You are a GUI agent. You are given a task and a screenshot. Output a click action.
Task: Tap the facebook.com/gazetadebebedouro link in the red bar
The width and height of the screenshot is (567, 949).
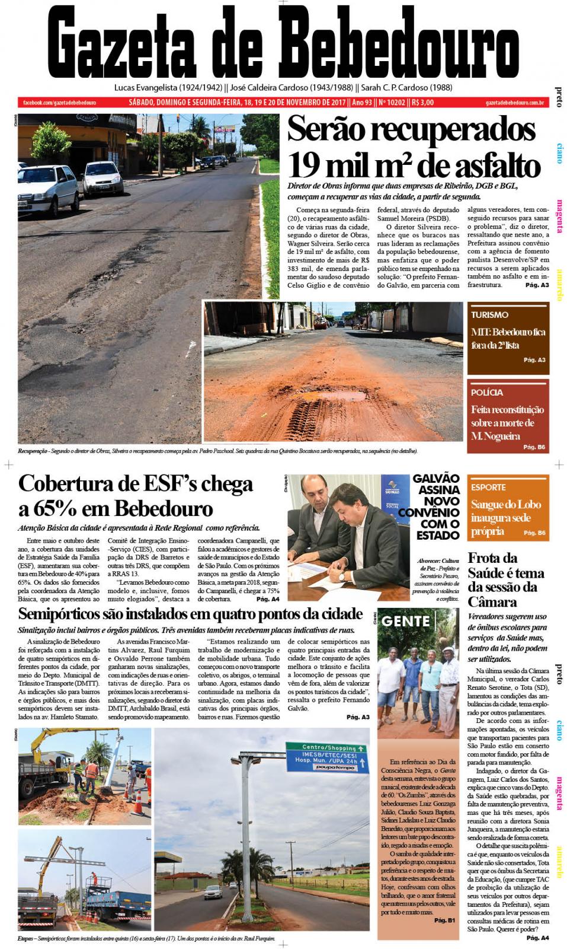coord(59,103)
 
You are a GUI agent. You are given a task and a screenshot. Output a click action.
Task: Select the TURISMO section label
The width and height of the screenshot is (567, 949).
coord(489,315)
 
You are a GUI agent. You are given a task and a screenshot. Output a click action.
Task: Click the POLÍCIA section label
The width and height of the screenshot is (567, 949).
coord(487,392)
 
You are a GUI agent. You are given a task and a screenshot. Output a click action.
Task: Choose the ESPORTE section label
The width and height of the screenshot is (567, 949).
coord(488,487)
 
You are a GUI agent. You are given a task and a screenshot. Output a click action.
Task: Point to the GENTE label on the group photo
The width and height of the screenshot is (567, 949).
coord(406,621)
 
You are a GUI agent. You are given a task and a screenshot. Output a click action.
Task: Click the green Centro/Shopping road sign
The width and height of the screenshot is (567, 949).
coord(325,747)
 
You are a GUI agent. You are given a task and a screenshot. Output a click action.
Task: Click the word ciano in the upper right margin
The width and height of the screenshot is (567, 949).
coord(558,152)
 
